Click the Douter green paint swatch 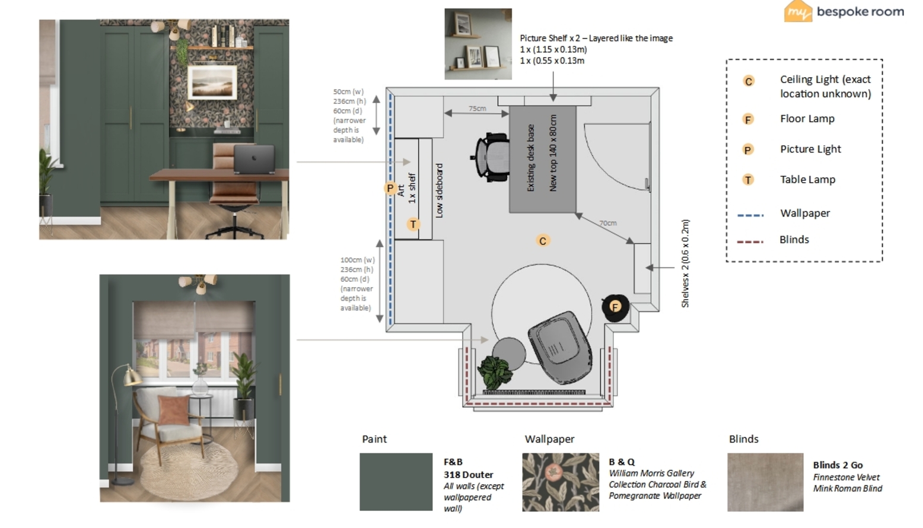click(x=396, y=482)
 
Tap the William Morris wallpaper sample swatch click(x=561, y=482)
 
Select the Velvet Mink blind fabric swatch click(x=765, y=482)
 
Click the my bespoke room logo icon click(x=798, y=11)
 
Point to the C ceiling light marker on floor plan click(x=542, y=241)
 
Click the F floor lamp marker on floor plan click(x=615, y=307)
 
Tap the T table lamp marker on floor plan click(x=413, y=224)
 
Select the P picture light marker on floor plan click(x=390, y=188)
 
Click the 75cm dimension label click(x=477, y=109)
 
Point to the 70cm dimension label click(x=607, y=223)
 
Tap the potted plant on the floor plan click(x=495, y=372)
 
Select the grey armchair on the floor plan click(x=560, y=347)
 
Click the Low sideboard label click(x=439, y=190)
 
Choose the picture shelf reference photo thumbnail click(x=478, y=44)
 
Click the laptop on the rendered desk click(x=254, y=159)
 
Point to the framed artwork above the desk click(x=212, y=82)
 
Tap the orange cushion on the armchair click(x=174, y=409)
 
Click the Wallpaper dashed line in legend click(x=750, y=215)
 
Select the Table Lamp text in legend click(x=807, y=179)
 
